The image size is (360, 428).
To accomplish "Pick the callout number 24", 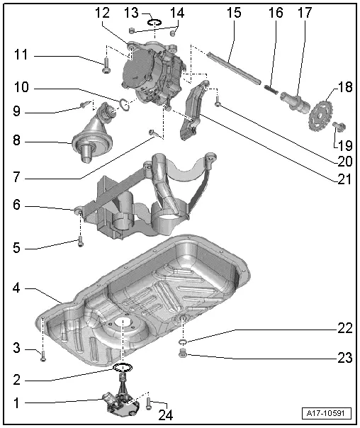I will coord(167,415).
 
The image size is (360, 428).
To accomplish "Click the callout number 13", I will coord(130,13).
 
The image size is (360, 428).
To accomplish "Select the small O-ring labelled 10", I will coord(123,106).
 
